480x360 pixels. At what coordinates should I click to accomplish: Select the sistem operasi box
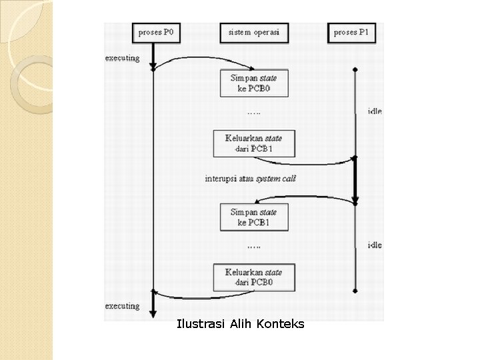(254, 32)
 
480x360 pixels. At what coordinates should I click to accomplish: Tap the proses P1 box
(355, 32)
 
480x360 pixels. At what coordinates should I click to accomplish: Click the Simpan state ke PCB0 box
(254, 83)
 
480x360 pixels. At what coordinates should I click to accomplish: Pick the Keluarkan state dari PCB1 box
(254, 143)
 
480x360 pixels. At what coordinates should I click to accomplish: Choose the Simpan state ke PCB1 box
(254, 217)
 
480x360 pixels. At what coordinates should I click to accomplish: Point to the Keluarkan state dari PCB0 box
(254, 277)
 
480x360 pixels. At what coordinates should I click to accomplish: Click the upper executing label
(123, 58)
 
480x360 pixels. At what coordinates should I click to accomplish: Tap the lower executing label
(123, 306)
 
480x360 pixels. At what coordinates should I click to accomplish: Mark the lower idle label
(375, 245)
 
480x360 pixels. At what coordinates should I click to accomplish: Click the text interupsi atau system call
(250, 179)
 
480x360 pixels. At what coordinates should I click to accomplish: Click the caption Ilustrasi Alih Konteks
(241, 325)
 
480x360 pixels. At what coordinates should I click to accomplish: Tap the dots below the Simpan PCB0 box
(254, 111)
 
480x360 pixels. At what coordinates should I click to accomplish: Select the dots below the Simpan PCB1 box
(254, 246)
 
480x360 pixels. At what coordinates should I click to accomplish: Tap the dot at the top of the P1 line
(355, 69)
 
